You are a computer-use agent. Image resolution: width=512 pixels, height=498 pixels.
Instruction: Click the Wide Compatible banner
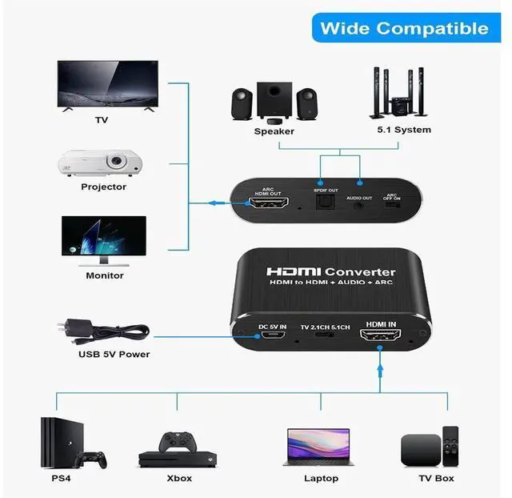[404, 29]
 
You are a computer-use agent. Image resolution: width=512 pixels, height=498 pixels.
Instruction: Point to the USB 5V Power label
[114, 354]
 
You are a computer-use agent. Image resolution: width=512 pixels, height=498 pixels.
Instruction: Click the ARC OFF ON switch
[392, 205]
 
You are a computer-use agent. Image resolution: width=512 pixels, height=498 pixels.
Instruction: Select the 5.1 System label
[404, 130]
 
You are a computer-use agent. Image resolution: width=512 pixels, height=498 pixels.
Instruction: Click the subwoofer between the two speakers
[273, 98]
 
